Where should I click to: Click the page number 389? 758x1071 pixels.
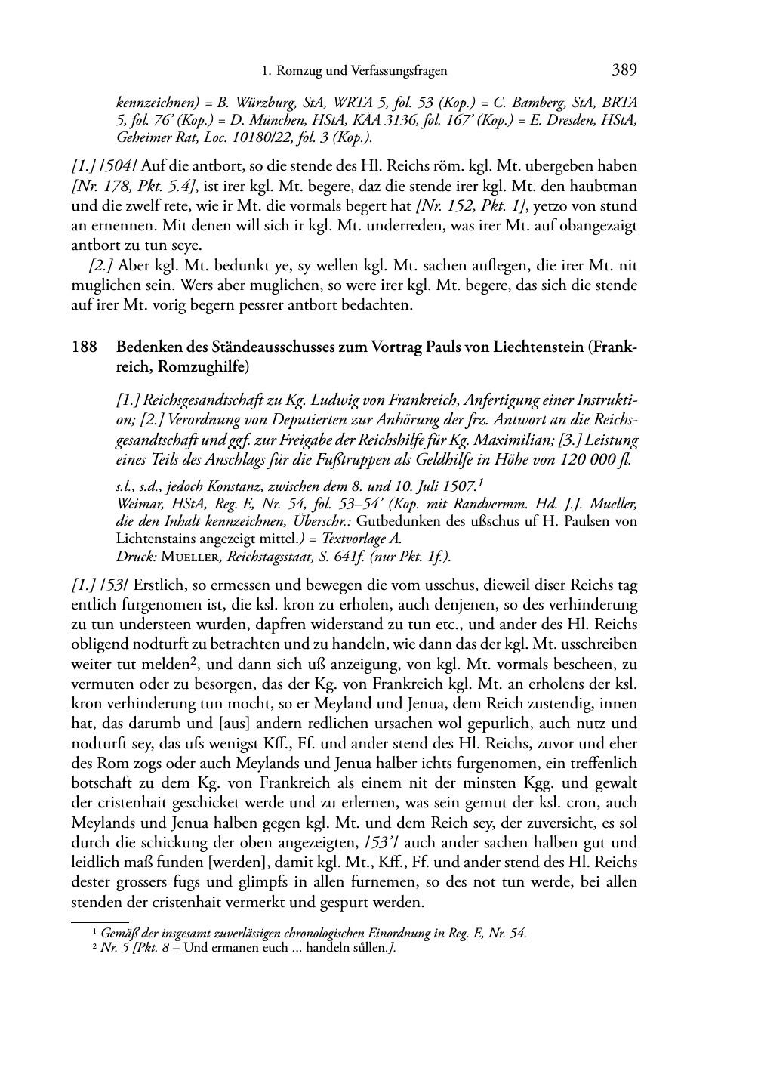(624, 70)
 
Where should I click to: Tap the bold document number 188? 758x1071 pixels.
(83, 347)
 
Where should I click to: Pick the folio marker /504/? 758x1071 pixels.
(114, 166)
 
